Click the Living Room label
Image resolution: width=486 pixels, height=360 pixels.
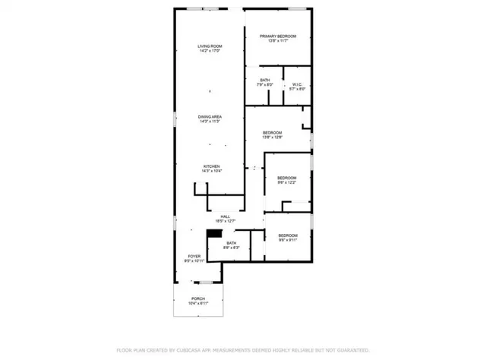210,47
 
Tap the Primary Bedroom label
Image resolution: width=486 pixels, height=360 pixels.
277,36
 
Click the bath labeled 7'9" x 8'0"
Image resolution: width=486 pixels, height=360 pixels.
264,80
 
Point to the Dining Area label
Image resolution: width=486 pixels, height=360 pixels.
210,115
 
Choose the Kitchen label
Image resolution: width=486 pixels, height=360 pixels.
210,166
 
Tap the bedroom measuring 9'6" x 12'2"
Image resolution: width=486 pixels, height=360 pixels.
287,178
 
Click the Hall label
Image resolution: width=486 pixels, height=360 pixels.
226,216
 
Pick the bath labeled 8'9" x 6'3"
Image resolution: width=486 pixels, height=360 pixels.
231,243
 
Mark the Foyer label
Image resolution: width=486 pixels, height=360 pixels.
194,257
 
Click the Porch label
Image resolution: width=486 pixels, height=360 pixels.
198,298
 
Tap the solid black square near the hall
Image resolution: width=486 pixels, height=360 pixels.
215,235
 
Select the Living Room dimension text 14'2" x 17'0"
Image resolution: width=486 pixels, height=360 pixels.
210,52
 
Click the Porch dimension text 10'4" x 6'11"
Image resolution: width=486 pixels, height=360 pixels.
198,303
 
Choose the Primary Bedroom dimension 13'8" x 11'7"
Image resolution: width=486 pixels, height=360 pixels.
277,41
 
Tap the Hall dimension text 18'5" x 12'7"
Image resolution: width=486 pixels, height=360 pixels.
226,221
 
